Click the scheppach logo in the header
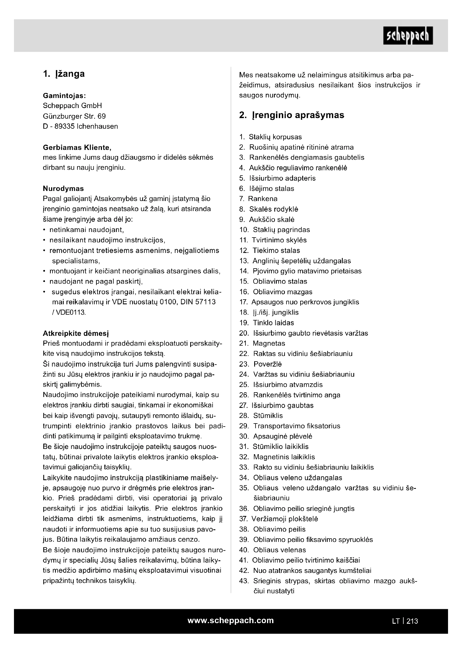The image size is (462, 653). [408, 35]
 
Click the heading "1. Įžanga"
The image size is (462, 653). [64, 74]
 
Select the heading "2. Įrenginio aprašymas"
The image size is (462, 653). [292, 115]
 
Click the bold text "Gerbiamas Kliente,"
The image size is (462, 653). [77, 147]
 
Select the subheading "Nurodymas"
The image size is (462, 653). [63, 188]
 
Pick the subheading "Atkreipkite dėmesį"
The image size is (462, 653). [76, 333]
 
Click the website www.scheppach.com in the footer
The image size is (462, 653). [230, 620]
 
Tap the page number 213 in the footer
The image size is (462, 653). [412, 621]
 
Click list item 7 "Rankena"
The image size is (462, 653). [262, 198]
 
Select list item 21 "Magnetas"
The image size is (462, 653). [268, 343]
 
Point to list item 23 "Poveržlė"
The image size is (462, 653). [267, 364]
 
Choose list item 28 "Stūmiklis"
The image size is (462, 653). [268, 415]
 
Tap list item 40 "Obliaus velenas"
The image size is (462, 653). [279, 550]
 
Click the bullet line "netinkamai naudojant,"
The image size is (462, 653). [87, 229]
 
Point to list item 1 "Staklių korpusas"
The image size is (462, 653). [275, 137]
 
